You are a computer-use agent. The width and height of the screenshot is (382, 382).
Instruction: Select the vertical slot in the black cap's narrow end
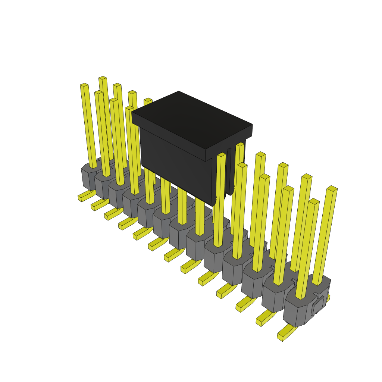coord(229,172)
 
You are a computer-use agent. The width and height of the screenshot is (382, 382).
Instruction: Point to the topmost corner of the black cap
coord(179,92)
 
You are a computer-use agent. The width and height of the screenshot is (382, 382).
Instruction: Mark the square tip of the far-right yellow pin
coord(332,188)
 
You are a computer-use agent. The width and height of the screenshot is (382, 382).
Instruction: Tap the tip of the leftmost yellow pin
coord(84,85)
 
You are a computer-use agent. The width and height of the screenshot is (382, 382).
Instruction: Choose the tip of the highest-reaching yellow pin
coord(103,78)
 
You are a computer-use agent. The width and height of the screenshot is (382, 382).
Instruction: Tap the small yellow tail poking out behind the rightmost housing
coord(328,298)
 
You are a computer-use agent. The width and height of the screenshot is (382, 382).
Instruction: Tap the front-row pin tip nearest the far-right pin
coord(314,201)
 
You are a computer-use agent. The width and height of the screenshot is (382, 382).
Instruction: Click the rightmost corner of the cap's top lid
coord(252,125)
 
